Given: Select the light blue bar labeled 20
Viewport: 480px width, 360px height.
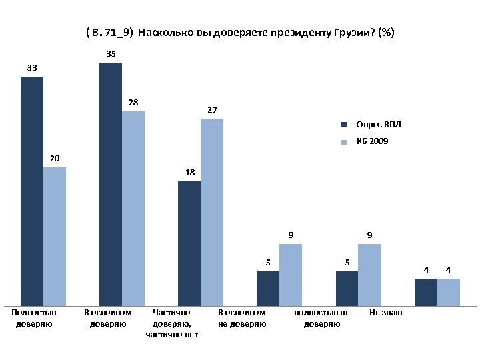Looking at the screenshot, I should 55,237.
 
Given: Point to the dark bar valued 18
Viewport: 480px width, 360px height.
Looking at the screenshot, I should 189,244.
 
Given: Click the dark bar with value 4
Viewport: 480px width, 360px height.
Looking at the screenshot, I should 425,292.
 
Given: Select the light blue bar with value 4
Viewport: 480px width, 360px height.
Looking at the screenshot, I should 449,292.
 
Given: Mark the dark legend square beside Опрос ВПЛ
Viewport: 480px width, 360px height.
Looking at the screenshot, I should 345,125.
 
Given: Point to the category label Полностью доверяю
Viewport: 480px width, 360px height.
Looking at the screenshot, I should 34,318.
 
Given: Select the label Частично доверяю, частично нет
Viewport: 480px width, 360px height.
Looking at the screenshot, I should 172,323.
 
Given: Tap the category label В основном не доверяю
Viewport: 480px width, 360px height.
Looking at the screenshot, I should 242,318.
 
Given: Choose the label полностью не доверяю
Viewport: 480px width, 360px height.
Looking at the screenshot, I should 322,318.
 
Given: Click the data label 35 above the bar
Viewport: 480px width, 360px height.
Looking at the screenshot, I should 111,53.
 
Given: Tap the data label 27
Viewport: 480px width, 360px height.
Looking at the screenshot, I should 212,109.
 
